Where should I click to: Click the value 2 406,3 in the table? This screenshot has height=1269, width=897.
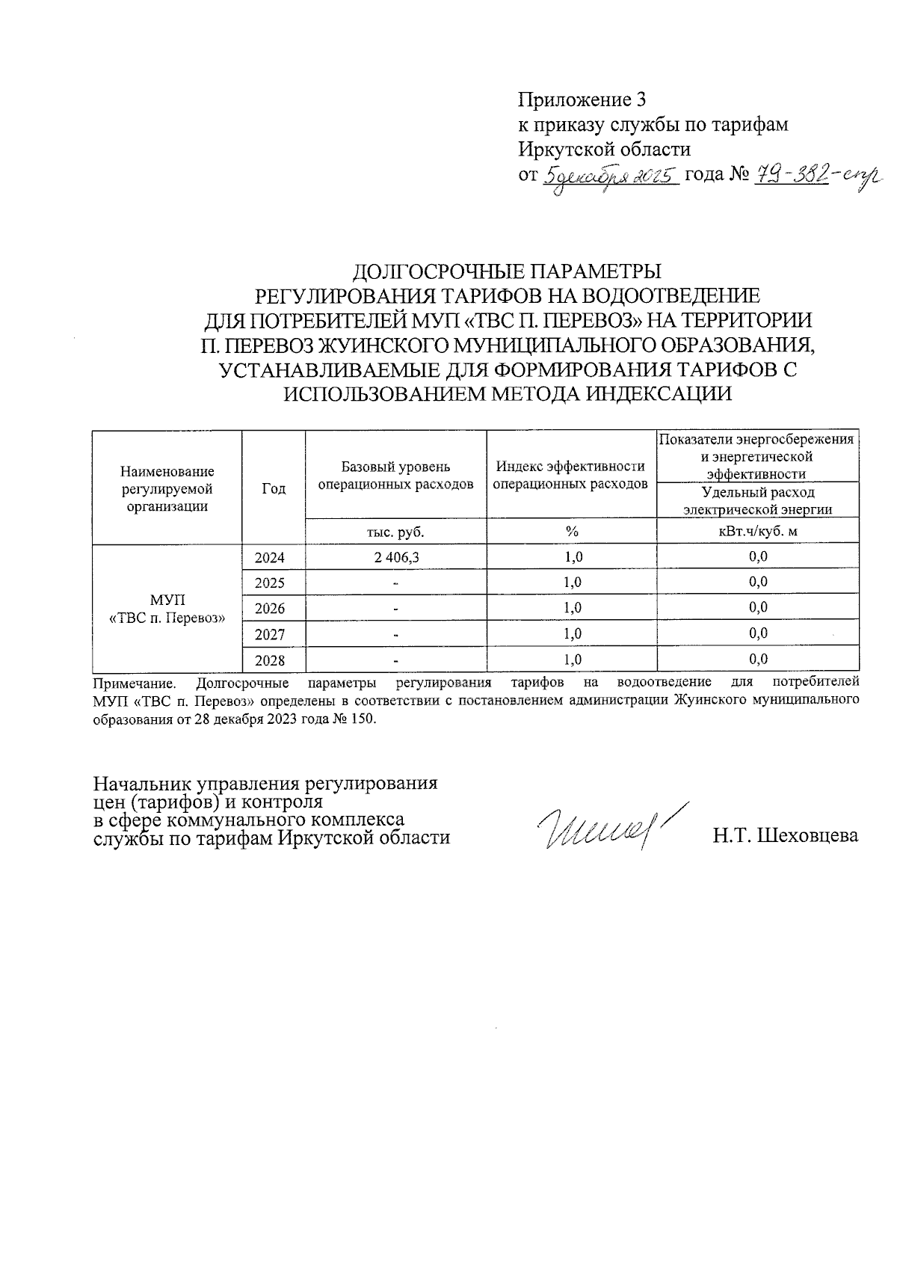pos(396,557)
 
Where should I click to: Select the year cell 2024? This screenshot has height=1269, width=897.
pos(270,558)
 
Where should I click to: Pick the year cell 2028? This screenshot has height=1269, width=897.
pos(270,660)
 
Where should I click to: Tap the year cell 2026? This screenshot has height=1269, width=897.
pos(270,609)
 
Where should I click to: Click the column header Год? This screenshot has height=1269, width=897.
pos(274,488)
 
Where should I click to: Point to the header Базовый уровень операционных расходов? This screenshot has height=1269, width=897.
pos(395,476)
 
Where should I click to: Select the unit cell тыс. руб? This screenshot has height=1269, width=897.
pos(395,532)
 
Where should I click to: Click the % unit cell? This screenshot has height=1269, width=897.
pos(572,532)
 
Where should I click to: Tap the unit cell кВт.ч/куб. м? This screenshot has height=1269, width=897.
pos(757,532)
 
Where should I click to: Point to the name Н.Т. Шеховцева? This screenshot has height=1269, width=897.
pos(785,836)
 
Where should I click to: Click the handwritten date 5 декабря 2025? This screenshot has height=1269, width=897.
pos(609,176)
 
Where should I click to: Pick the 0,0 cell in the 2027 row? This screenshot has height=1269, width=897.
pos(758,634)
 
